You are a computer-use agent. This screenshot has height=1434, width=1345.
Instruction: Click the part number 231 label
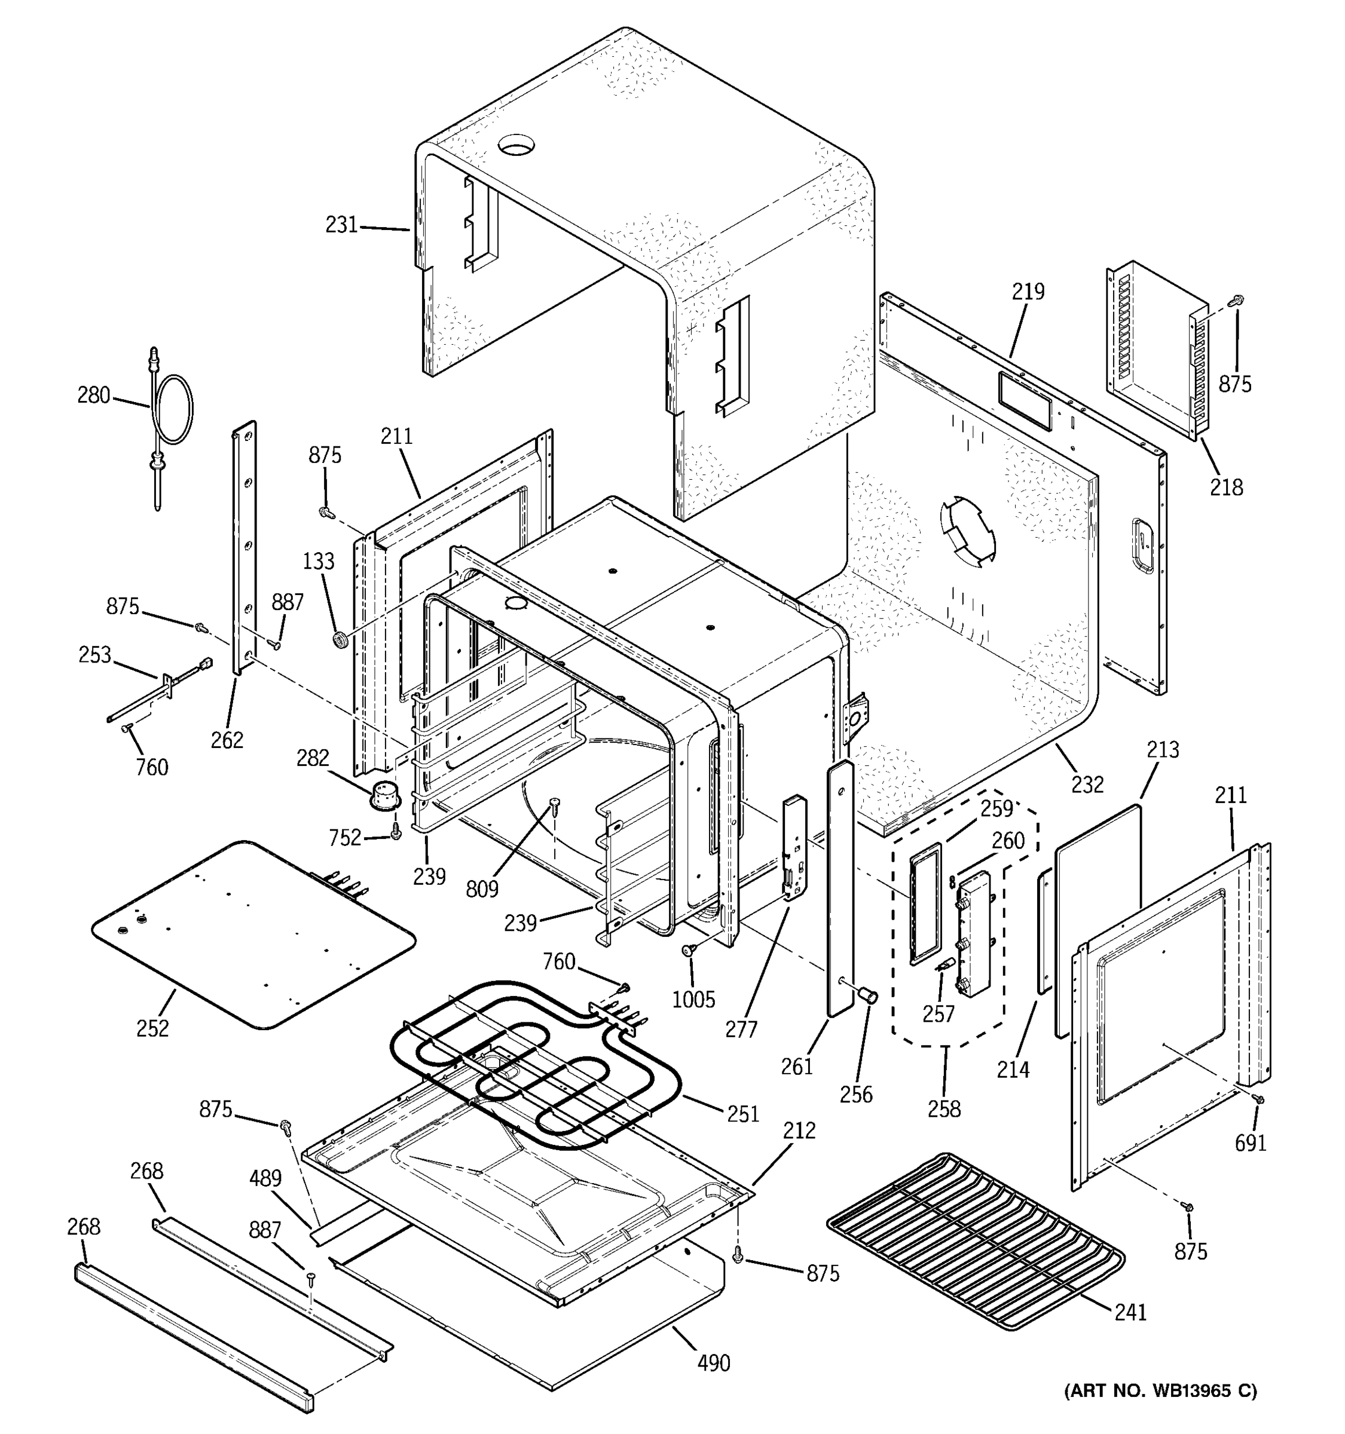pyautogui.click(x=341, y=225)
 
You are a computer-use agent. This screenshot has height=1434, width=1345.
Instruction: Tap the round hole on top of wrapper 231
pyautogui.click(x=517, y=143)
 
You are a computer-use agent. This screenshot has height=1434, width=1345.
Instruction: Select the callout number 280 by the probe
pyautogui.click(x=94, y=396)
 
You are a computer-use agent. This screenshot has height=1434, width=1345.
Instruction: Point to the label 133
pyautogui.click(x=318, y=560)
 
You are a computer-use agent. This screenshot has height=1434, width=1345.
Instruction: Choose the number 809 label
pyautogui.click(x=482, y=888)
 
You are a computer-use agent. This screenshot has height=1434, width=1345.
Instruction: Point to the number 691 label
pyautogui.click(x=1251, y=1142)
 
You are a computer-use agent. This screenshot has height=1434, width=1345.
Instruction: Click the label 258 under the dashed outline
pyautogui.click(x=944, y=1109)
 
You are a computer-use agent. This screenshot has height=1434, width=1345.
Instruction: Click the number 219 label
pyautogui.click(x=1028, y=292)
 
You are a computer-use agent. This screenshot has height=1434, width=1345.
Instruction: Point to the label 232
pyautogui.click(x=1087, y=784)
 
